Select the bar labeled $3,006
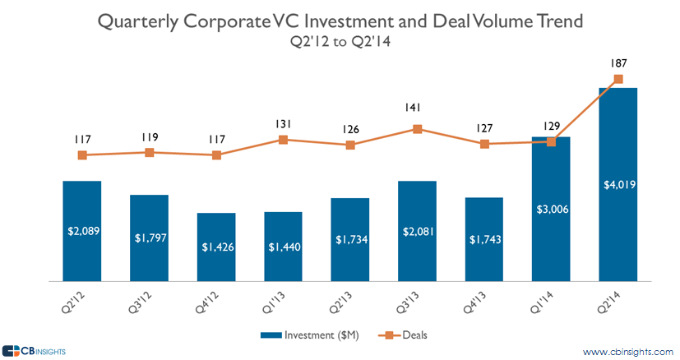tap(551, 210)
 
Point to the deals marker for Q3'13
tap(418, 129)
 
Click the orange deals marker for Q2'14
tap(618, 80)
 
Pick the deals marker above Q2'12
tap(81, 155)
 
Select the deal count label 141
tap(417, 108)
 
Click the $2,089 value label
tap(81, 231)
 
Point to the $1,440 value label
tap(283, 247)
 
